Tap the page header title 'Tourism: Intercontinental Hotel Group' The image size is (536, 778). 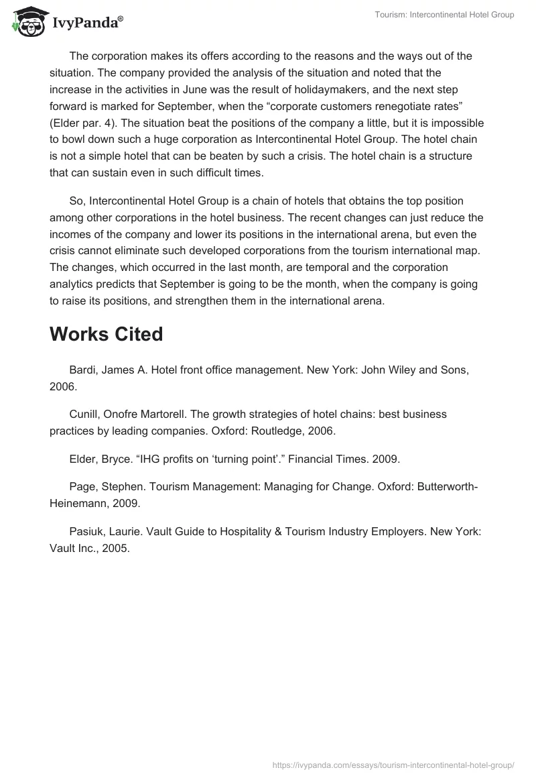click(x=444, y=15)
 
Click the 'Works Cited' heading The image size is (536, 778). click(x=106, y=334)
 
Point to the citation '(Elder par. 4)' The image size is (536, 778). click(x=82, y=123)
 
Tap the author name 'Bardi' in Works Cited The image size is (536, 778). click(x=83, y=370)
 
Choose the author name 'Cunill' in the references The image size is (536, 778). click(x=85, y=414)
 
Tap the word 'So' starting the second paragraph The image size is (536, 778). click(x=76, y=201)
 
